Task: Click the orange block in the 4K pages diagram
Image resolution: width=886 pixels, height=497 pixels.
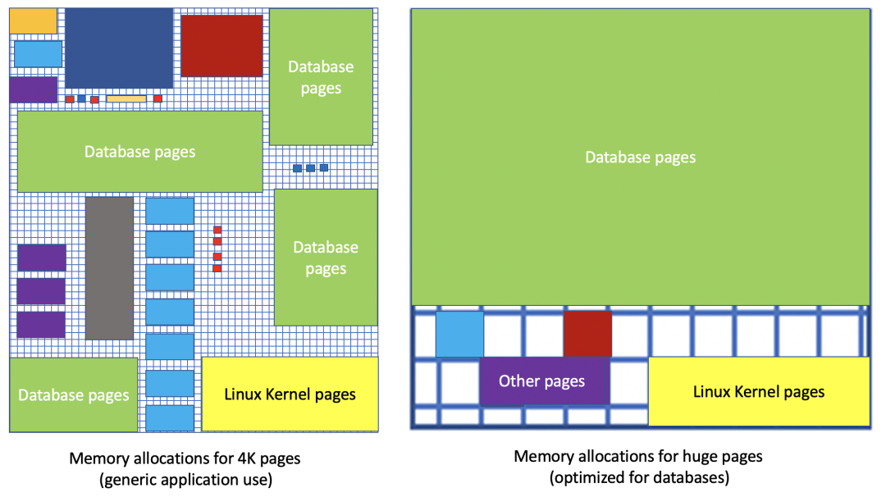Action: point(33,21)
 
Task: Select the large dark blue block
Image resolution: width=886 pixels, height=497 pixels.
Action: point(119,48)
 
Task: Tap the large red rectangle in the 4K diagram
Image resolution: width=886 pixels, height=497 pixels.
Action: point(221,46)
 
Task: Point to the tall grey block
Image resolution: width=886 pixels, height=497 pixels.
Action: point(109,268)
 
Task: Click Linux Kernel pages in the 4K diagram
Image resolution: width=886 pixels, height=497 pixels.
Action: point(290,394)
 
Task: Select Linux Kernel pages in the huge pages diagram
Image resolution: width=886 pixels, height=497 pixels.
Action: point(759,392)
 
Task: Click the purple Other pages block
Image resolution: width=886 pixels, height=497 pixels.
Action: point(542,381)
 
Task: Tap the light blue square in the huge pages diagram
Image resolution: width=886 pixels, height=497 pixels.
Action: point(459,334)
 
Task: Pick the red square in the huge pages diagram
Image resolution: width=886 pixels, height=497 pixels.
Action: point(587,334)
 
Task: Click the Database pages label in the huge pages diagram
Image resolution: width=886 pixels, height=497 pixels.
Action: point(640,157)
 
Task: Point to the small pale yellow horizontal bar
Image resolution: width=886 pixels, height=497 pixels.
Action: point(126,99)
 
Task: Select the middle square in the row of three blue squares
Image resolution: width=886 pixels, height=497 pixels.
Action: point(310,168)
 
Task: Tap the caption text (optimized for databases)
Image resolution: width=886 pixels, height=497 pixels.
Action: point(640,477)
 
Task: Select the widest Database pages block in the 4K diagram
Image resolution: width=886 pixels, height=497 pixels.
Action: point(139,152)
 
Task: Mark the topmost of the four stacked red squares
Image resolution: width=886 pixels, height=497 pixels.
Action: point(217,230)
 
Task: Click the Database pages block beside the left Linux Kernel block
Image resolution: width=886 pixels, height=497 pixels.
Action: point(74,395)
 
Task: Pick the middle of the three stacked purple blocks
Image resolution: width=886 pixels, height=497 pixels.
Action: point(41,291)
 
